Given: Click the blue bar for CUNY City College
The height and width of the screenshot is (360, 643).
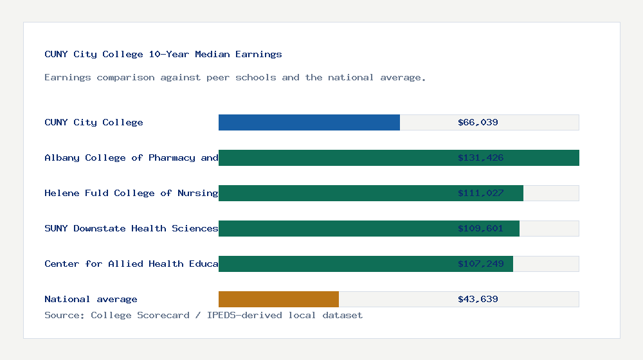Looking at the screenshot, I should coord(309,122).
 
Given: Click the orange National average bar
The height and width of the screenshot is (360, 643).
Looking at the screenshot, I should coord(278,299).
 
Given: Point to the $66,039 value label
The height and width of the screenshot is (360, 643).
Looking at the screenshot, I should coord(478,122).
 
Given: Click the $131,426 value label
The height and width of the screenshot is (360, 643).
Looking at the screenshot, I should coord(480,157).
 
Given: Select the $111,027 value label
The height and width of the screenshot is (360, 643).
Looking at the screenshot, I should coord(480,193).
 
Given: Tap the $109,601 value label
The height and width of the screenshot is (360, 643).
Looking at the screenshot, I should coord(480,228).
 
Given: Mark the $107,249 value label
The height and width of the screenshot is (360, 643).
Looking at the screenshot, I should coord(480,264).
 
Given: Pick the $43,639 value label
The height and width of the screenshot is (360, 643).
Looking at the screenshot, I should coord(478,299).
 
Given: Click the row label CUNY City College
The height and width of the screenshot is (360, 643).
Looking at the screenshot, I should coord(94,122).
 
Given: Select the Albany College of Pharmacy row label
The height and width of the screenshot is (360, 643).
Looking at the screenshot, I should coord(131,157).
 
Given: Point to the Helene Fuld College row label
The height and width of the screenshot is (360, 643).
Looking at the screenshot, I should coord(131,193).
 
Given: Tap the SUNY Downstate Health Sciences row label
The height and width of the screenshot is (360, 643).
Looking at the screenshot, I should coord(131,228).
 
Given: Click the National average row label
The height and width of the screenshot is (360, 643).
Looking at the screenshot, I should coord(91,299).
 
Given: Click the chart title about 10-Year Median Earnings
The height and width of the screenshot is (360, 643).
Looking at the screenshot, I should coord(163,54).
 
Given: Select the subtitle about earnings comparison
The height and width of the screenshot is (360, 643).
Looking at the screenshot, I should coord(235,77).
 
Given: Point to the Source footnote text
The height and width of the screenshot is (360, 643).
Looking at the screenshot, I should coord(203,315).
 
